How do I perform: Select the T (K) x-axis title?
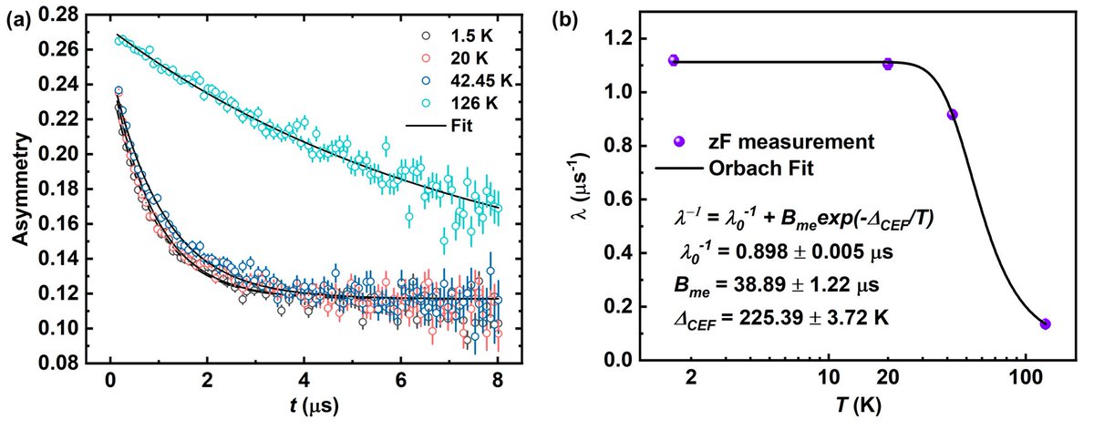click(855, 407)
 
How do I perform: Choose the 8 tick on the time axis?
click(498, 381)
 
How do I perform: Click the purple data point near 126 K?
click(1045, 323)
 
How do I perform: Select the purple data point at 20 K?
click(887, 64)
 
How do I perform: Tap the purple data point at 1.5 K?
click(674, 60)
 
